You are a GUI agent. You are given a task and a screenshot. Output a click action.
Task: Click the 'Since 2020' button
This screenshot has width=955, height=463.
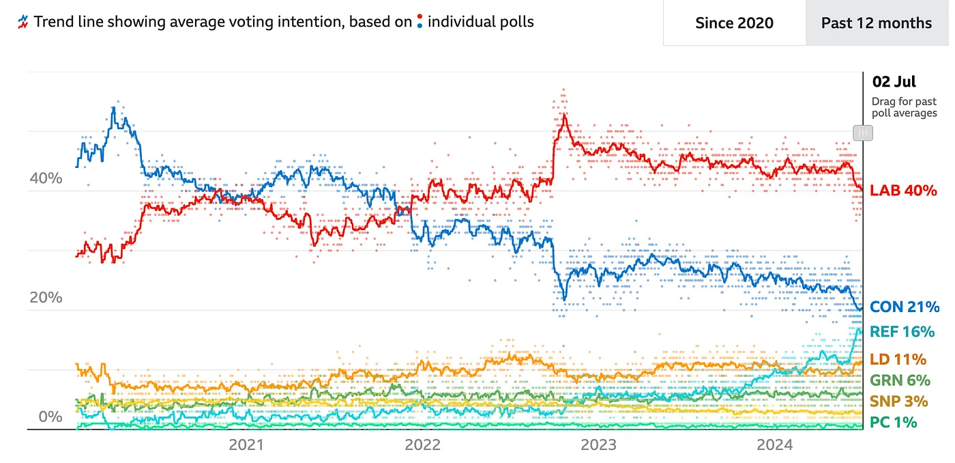734,23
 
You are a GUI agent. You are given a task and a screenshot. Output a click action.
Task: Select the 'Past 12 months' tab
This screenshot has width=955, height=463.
876,23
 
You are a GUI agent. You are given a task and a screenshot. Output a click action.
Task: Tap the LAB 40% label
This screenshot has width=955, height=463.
904,191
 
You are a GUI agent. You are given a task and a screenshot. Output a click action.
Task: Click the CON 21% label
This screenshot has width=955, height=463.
905,307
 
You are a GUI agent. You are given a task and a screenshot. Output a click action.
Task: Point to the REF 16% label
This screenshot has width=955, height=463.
902,332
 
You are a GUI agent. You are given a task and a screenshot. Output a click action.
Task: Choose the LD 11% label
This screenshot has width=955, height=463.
898,359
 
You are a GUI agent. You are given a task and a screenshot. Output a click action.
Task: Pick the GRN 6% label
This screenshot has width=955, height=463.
900,380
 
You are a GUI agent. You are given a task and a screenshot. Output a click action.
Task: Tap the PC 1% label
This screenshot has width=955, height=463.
894,422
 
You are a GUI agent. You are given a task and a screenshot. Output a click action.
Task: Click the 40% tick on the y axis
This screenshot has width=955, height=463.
46,179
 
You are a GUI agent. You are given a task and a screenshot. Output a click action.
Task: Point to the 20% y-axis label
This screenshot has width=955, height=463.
46,298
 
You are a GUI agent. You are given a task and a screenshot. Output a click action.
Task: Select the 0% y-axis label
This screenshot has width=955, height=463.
50,417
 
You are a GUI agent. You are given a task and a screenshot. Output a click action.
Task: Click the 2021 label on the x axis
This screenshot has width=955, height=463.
246,445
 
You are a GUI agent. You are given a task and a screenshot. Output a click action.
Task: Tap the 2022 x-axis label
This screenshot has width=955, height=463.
423,445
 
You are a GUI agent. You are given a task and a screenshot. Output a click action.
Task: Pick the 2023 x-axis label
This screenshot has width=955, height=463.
598,445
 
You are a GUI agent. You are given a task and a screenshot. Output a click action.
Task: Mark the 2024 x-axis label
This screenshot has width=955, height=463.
774,445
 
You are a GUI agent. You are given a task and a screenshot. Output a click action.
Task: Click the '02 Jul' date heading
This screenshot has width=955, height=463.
894,83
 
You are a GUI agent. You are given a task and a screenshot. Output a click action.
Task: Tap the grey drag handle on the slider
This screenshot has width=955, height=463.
863,132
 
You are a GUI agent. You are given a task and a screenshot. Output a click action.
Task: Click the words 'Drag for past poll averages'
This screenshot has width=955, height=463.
904,107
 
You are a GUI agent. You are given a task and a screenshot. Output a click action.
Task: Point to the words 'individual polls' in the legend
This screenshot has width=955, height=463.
480,22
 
